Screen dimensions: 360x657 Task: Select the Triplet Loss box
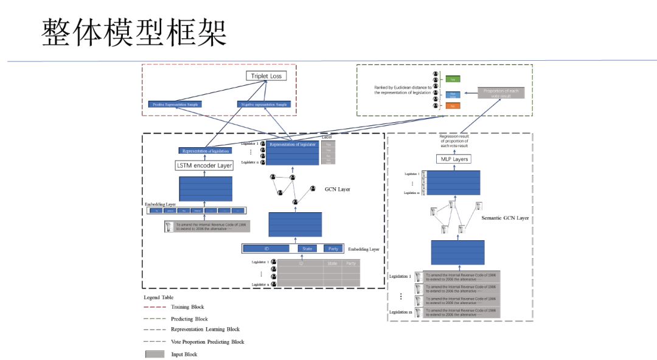click(x=266, y=76)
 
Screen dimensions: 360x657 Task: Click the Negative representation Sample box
click(x=263, y=104)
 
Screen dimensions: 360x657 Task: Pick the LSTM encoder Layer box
click(x=204, y=165)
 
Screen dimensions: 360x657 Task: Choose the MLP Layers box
click(x=453, y=159)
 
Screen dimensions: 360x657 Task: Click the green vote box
click(x=453, y=79)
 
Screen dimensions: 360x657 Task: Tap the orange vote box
click(x=453, y=106)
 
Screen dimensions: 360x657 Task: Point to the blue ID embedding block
click(x=266, y=248)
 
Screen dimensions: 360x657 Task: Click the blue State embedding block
click(x=307, y=248)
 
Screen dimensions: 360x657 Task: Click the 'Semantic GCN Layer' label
click(x=505, y=218)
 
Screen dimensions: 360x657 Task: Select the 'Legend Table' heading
click(x=159, y=297)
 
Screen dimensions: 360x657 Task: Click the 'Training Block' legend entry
click(x=187, y=307)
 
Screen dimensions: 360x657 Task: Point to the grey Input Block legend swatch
click(x=155, y=354)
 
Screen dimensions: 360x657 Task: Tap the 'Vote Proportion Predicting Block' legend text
click(x=207, y=342)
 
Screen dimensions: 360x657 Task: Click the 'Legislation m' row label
click(x=400, y=312)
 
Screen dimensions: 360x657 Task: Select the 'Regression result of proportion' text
click(x=454, y=141)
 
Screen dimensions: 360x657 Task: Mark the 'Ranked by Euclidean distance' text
click(x=403, y=90)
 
